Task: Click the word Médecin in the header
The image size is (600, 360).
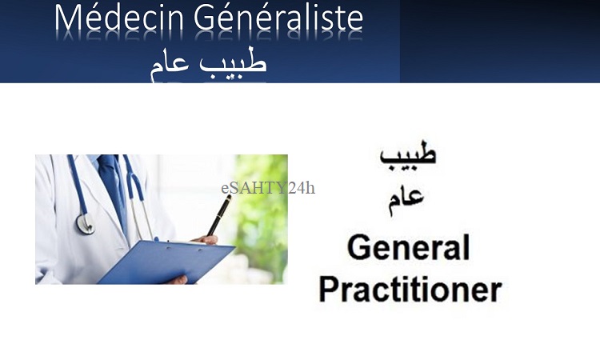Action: tap(119, 18)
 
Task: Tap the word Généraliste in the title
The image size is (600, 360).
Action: tap(278, 18)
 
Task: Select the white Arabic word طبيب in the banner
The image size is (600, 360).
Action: tap(233, 62)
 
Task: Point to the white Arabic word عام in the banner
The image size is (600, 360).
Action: tap(170, 65)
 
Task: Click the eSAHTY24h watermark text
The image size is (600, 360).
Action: tap(268, 188)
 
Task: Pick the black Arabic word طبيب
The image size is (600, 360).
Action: tap(408, 154)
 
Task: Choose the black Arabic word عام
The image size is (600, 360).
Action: tap(406, 201)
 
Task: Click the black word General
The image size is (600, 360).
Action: tap(409, 247)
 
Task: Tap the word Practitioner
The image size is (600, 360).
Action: tap(410, 290)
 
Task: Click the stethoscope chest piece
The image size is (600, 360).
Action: tap(85, 224)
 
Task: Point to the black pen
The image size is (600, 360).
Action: tap(219, 215)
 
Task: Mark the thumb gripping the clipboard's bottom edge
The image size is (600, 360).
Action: tap(177, 280)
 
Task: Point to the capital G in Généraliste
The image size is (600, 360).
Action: tap(206, 18)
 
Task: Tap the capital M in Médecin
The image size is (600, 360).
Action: tap(69, 18)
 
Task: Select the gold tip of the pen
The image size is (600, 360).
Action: tap(229, 197)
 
